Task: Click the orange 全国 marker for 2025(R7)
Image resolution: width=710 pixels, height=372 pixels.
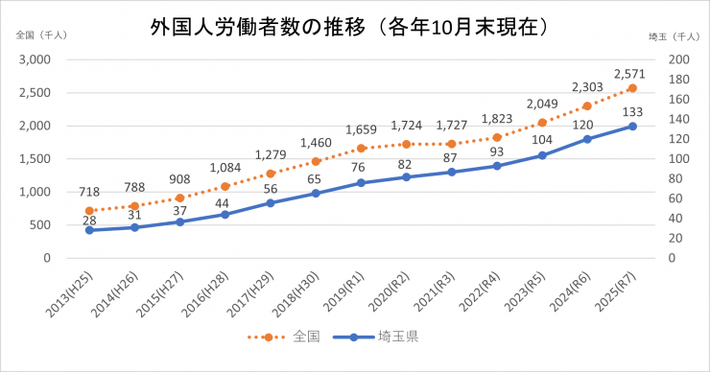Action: [x=632, y=88]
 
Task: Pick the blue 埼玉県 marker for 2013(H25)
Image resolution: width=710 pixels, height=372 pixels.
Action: [x=89, y=230]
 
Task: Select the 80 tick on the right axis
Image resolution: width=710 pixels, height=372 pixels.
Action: [x=670, y=178]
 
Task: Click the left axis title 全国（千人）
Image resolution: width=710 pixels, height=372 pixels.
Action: [x=40, y=35]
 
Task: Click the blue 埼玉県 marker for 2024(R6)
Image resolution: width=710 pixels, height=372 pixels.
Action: [x=587, y=139]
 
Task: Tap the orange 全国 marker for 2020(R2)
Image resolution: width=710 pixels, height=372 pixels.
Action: [x=406, y=144]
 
